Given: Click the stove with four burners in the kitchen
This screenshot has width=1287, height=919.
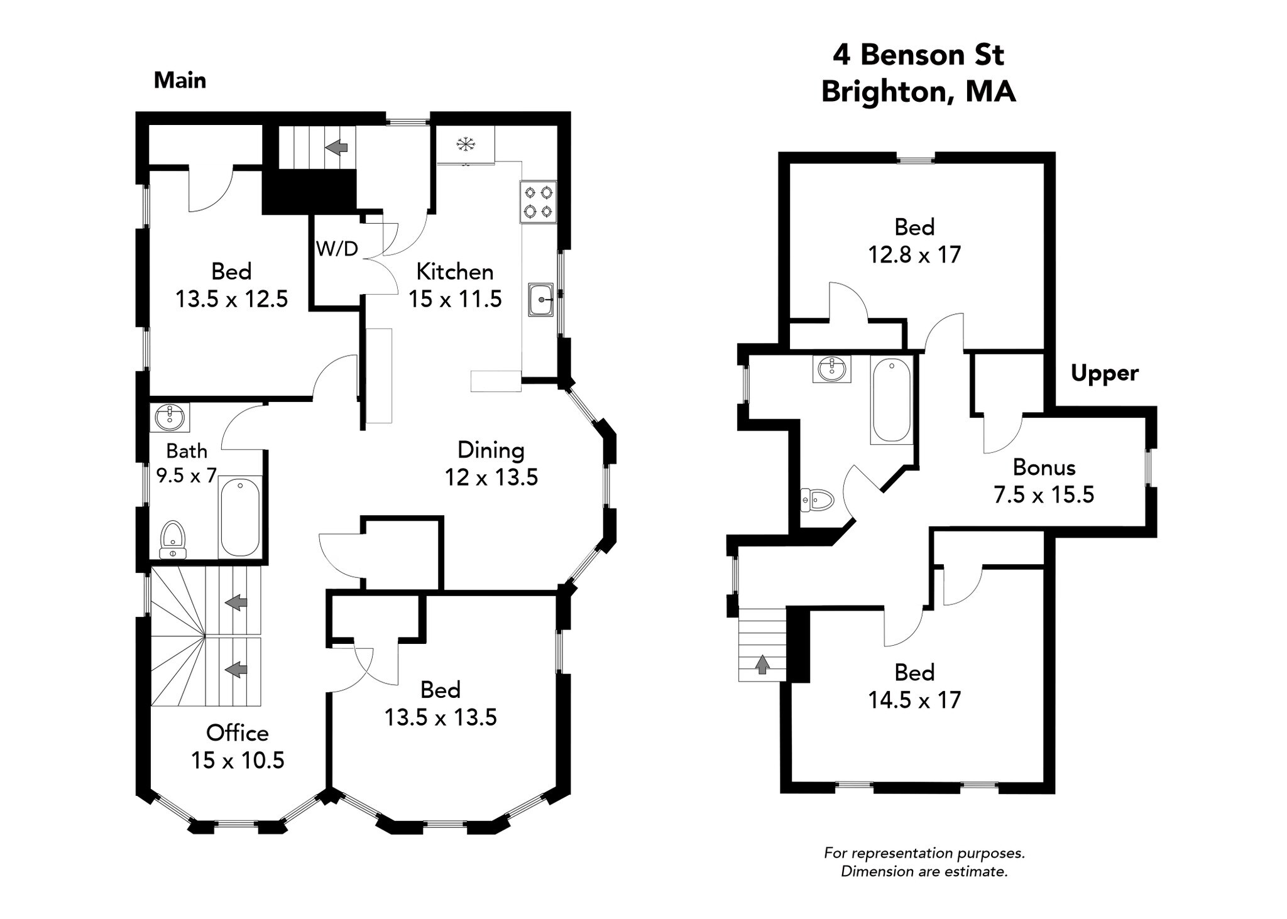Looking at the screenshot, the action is [x=538, y=202].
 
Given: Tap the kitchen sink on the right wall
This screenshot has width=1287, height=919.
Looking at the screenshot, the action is [x=540, y=300].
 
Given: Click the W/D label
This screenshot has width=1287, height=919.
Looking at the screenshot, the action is [x=337, y=249].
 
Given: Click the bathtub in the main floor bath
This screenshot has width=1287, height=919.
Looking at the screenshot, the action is [x=239, y=517].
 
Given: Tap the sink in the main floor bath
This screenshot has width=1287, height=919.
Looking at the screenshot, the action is [x=170, y=417].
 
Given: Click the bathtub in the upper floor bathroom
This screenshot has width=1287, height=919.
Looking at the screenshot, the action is [x=891, y=400].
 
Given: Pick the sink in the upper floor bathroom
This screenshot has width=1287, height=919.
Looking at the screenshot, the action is [x=831, y=369].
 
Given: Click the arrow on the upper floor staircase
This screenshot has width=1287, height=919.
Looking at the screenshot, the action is [x=762, y=664].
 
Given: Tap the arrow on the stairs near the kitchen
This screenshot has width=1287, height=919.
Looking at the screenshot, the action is [x=337, y=148].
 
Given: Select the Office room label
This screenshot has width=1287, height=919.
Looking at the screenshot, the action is [x=238, y=733].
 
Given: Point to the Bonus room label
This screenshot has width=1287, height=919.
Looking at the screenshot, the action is [x=1044, y=467].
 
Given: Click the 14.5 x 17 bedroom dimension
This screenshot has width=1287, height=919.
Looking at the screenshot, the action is [x=914, y=700].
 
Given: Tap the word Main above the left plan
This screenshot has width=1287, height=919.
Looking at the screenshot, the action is [x=180, y=80].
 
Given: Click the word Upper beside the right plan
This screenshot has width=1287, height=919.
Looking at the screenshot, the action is [x=1104, y=374].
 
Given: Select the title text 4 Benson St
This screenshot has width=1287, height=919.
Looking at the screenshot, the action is [x=918, y=55].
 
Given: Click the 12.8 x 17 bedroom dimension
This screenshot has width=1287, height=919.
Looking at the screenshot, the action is [x=914, y=254].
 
